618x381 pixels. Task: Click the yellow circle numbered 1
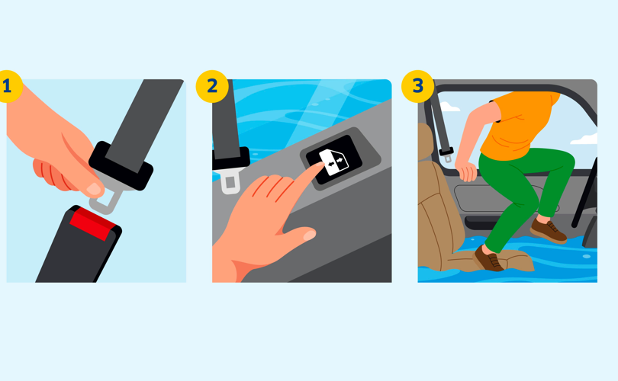click(8, 87)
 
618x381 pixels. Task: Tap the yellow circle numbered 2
click(212, 87)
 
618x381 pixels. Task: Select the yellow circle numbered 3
click(418, 87)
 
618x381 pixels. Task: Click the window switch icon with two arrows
click(334, 162)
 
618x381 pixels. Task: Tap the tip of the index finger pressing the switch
click(320, 165)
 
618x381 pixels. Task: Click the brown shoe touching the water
click(489, 259)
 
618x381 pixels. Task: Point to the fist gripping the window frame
click(467, 172)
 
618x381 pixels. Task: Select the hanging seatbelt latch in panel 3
click(447, 155)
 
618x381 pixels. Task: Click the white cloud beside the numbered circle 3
click(449, 107)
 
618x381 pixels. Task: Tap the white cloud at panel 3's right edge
click(584, 139)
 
